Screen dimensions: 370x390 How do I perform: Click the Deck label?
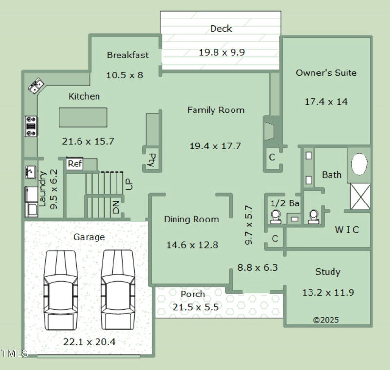221,29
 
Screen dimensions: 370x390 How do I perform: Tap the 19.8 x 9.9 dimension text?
221,52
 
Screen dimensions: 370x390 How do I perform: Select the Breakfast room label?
128,55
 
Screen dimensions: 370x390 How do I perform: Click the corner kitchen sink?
35,87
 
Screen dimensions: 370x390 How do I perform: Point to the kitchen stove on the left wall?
31,126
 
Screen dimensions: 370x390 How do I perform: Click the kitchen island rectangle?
83,117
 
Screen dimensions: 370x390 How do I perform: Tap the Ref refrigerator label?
75,164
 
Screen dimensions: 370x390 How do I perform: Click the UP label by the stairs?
129,184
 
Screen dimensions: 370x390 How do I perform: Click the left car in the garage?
60,290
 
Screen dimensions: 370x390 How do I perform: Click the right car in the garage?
117,290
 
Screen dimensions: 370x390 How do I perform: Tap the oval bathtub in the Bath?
360,165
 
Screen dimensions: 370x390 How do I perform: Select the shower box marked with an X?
360,197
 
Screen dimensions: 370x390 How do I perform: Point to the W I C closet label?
347,229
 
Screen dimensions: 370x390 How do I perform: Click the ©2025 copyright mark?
326,320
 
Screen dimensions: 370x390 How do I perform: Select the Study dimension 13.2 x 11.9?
328,293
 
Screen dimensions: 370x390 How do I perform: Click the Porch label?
193,295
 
